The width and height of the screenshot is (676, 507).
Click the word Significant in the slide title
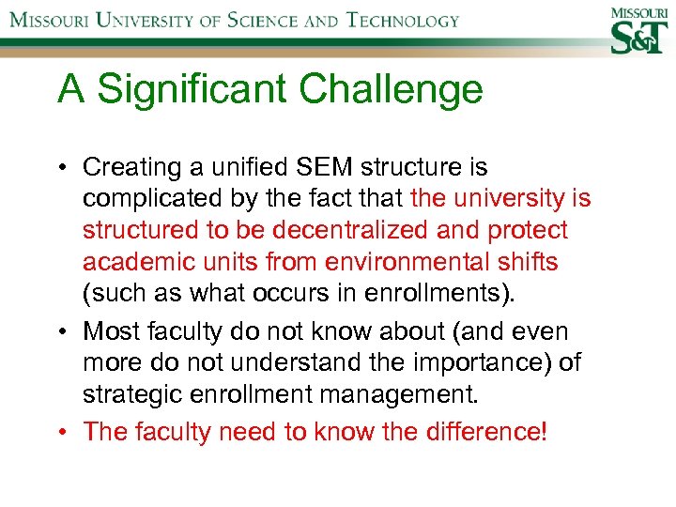(x=198, y=90)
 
